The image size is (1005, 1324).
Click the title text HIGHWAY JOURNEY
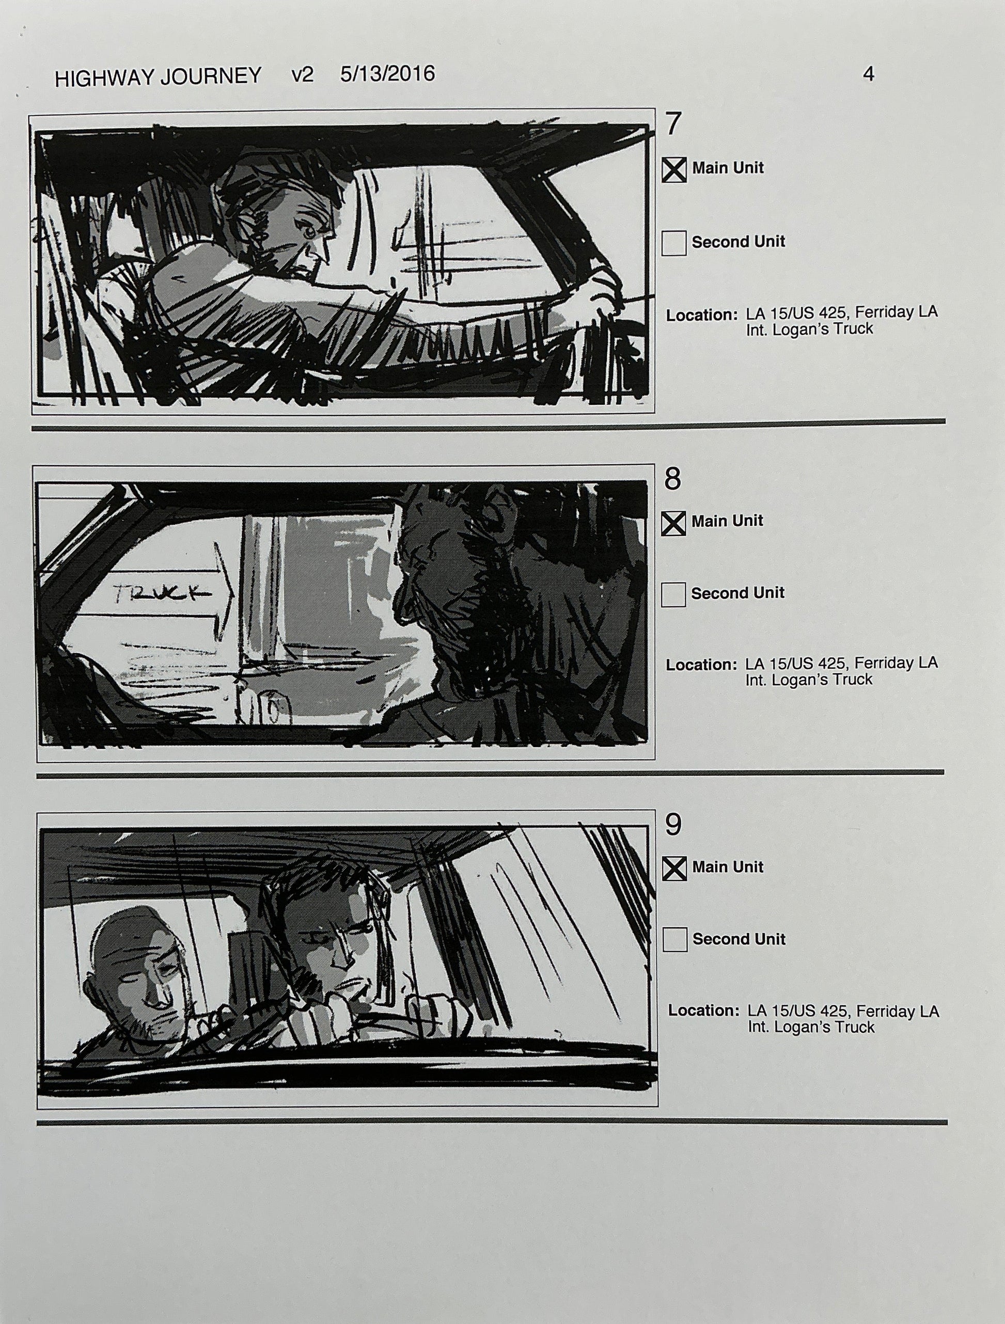point(158,76)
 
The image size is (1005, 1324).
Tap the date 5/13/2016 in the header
point(387,74)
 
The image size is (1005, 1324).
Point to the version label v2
point(302,75)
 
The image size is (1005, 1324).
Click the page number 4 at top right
point(868,74)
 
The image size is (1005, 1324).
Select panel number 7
point(673,124)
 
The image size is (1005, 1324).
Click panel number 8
point(673,479)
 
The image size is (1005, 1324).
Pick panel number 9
point(673,825)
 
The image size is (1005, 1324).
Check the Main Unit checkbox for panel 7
point(674,170)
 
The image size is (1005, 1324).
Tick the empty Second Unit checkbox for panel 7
point(674,244)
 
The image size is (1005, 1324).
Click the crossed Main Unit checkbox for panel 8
point(673,523)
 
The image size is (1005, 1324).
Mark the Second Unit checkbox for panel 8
point(673,595)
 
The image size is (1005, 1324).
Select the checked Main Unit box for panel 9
point(674,869)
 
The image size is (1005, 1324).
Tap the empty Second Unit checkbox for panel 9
point(675,940)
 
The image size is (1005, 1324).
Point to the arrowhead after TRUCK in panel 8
point(226,594)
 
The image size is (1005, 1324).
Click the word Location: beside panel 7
point(701,315)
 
